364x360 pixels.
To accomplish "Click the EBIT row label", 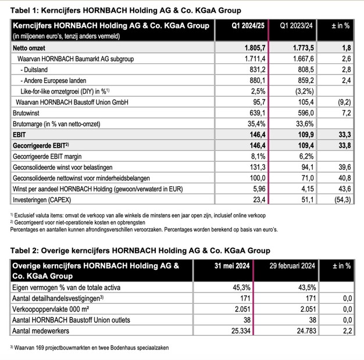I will (x=20, y=134).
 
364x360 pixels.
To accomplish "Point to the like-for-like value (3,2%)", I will (x=302, y=91).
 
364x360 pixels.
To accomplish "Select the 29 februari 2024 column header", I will (x=292, y=266).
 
